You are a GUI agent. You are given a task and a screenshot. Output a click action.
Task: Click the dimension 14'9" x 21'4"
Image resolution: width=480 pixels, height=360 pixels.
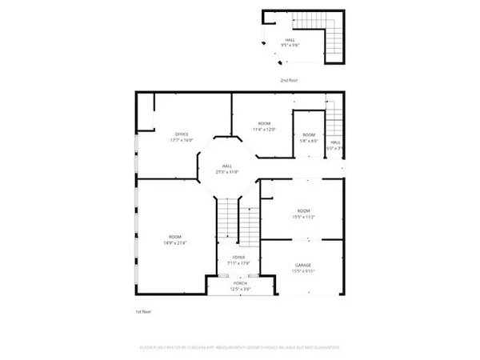(175, 242)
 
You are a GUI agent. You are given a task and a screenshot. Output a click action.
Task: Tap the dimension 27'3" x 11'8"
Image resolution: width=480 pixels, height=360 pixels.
(227, 172)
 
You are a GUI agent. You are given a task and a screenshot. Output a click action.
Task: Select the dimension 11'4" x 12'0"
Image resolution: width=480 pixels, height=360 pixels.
(263, 130)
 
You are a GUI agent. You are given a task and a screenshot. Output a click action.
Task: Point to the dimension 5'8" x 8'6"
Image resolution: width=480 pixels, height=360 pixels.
(309, 140)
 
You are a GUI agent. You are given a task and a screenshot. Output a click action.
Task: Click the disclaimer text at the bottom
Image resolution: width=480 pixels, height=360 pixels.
(239, 348)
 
